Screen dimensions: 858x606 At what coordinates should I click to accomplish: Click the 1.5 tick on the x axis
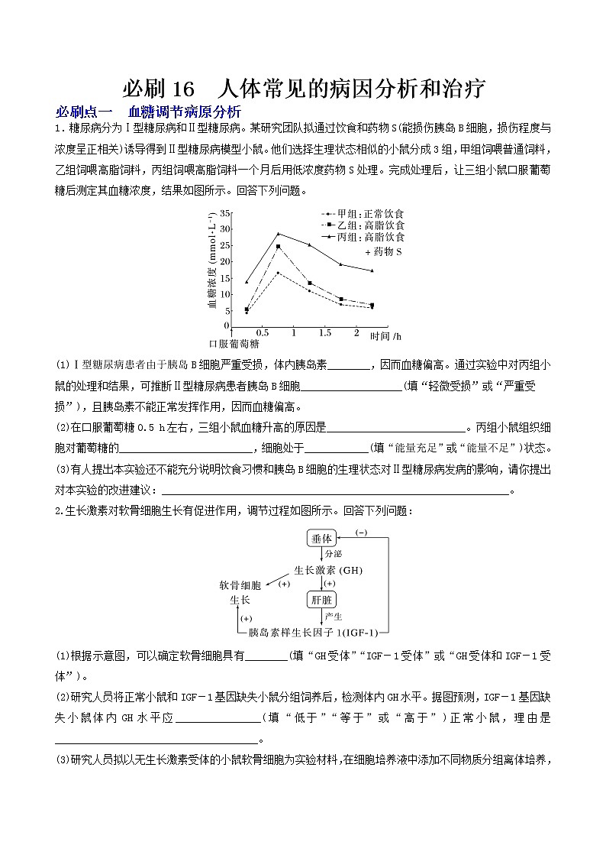point(324,333)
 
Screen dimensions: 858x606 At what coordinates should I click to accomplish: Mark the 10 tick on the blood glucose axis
point(224,294)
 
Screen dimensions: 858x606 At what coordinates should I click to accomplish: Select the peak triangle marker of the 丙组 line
point(279,234)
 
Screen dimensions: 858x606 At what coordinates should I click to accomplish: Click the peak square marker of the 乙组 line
point(278,247)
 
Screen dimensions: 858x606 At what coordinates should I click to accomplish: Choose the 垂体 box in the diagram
point(321,539)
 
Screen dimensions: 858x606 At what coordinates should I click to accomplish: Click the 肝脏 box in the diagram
point(321,600)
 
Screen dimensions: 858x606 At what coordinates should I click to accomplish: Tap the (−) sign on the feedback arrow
point(361,532)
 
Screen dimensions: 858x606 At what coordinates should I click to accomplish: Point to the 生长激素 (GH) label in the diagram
point(328,570)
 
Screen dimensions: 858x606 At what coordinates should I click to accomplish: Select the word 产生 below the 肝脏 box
point(334,616)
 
